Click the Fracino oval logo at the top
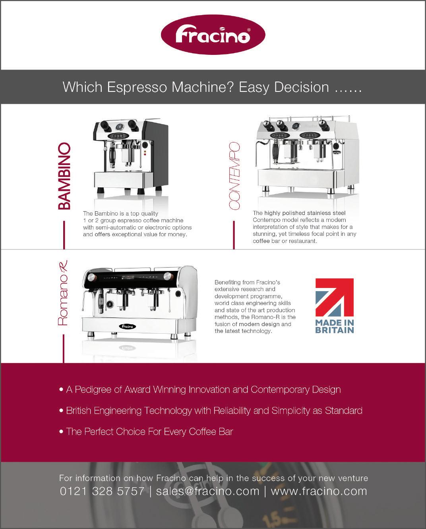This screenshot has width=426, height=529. (x=213, y=35)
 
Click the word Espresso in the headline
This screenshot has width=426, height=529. (x=137, y=88)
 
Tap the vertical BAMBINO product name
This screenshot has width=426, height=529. (x=64, y=176)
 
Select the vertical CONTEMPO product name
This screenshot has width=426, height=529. (x=234, y=176)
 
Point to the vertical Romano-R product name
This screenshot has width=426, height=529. (x=63, y=293)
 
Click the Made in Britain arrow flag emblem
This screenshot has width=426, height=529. (x=334, y=298)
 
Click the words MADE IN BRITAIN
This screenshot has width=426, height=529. (x=334, y=326)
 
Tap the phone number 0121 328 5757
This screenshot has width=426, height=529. (x=102, y=491)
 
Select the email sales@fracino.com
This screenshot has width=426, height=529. (x=207, y=491)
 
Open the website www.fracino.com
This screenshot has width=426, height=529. (x=319, y=491)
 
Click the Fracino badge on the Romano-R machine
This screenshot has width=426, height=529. (x=127, y=327)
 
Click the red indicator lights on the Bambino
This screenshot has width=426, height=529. (x=145, y=153)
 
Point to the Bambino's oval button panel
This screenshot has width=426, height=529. (x=118, y=136)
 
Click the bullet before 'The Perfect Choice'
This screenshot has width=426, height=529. (x=61, y=432)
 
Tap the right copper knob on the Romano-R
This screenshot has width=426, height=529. (x=168, y=276)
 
